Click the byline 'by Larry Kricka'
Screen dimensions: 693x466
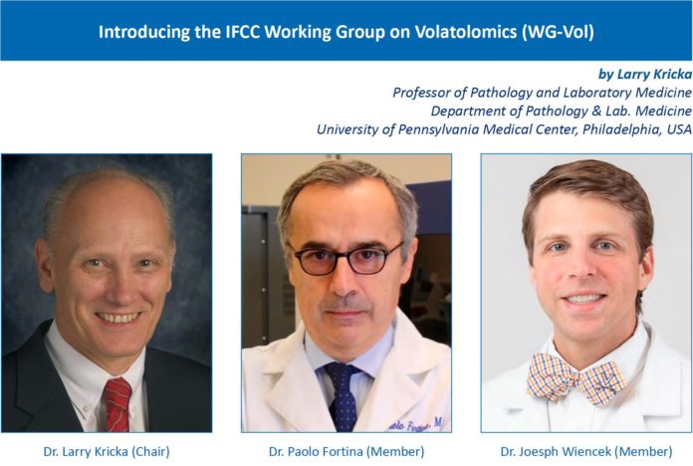pyautogui.click(x=645, y=75)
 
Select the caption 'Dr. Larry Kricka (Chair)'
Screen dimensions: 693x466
pyautogui.click(x=107, y=451)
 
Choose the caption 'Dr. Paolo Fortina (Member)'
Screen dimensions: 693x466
pyautogui.click(x=346, y=451)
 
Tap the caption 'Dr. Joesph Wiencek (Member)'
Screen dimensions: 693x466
pyautogui.click(x=586, y=451)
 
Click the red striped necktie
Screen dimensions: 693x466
pyautogui.click(x=117, y=404)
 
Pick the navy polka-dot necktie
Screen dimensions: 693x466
pyautogui.click(x=344, y=396)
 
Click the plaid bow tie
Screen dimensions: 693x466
pyautogui.click(x=577, y=378)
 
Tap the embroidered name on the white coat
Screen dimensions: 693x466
pyautogui.click(x=416, y=424)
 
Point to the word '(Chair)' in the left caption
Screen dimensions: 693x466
pyautogui.click(x=150, y=451)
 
